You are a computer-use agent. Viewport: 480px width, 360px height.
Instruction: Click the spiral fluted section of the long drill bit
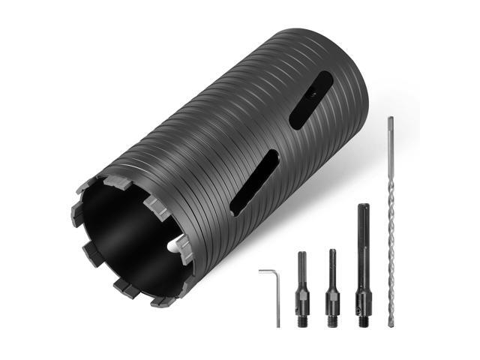[x=391, y=240]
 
